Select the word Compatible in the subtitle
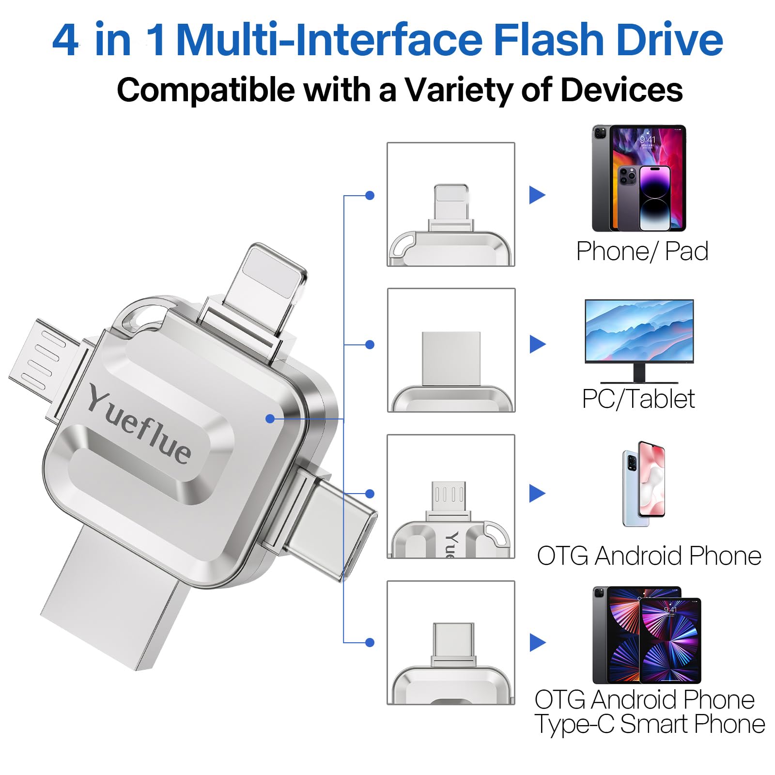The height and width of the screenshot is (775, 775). [x=205, y=90]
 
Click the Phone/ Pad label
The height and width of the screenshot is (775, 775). [x=642, y=251]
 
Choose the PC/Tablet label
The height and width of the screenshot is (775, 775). [x=638, y=399]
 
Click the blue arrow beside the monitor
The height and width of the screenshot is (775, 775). [x=537, y=344]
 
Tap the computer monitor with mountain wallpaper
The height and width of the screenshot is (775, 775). [x=639, y=332]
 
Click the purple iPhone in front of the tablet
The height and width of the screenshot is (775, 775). [x=655, y=198]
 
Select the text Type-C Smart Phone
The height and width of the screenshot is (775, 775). [x=649, y=724]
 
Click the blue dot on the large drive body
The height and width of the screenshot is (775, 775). [x=270, y=418]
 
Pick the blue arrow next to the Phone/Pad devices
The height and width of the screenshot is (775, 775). [x=537, y=195]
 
